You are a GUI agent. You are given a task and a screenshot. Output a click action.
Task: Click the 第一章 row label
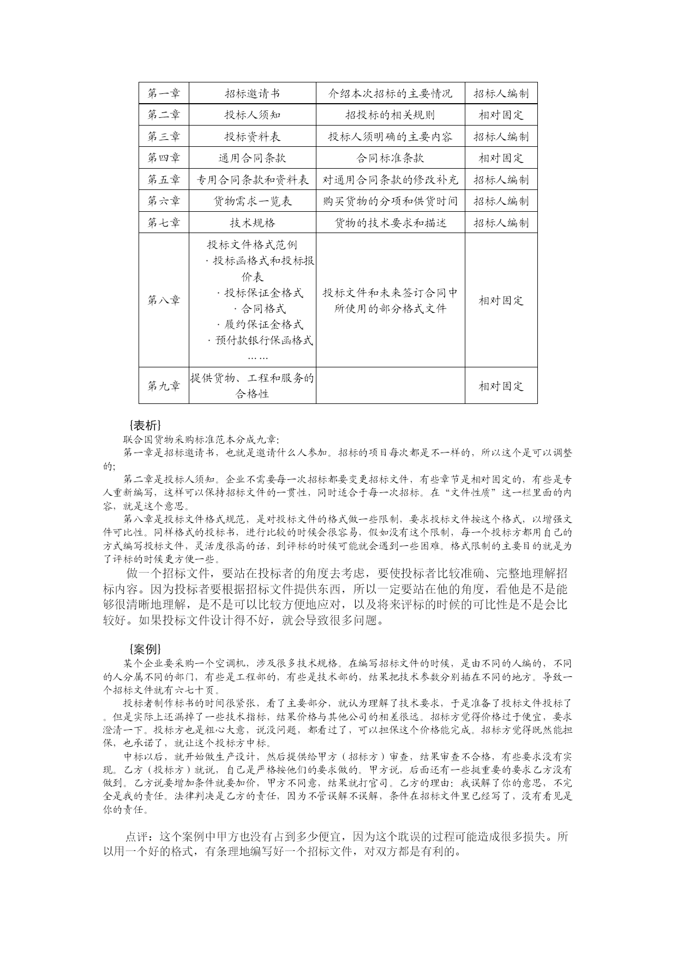click(x=164, y=93)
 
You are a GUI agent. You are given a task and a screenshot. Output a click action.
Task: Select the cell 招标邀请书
click(x=252, y=93)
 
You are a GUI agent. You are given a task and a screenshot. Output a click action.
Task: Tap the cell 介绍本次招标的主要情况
click(x=390, y=93)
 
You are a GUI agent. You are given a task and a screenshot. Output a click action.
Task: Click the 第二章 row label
click(x=164, y=115)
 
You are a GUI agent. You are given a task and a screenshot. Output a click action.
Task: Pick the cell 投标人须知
click(x=252, y=115)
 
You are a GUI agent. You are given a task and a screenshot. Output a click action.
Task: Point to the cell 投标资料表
click(x=252, y=136)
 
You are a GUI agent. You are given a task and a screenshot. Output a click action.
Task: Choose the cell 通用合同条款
click(x=252, y=158)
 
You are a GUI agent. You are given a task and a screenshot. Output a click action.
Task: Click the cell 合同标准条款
click(x=390, y=158)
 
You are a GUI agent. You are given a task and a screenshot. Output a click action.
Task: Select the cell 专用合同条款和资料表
click(x=252, y=180)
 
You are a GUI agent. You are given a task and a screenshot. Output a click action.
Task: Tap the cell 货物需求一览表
click(x=252, y=201)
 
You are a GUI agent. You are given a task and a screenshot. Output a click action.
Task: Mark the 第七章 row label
click(x=164, y=223)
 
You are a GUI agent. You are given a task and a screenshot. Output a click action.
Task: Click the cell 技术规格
click(x=252, y=223)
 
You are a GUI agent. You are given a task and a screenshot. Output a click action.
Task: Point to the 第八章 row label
click(x=164, y=300)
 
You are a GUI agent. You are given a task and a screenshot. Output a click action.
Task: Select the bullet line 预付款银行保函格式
click(x=261, y=341)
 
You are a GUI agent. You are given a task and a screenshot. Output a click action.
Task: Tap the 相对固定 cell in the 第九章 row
click(x=501, y=386)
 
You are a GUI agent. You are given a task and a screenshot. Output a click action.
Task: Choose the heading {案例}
click(x=145, y=648)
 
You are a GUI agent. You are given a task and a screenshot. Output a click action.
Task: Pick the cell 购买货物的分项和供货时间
click(x=390, y=201)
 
